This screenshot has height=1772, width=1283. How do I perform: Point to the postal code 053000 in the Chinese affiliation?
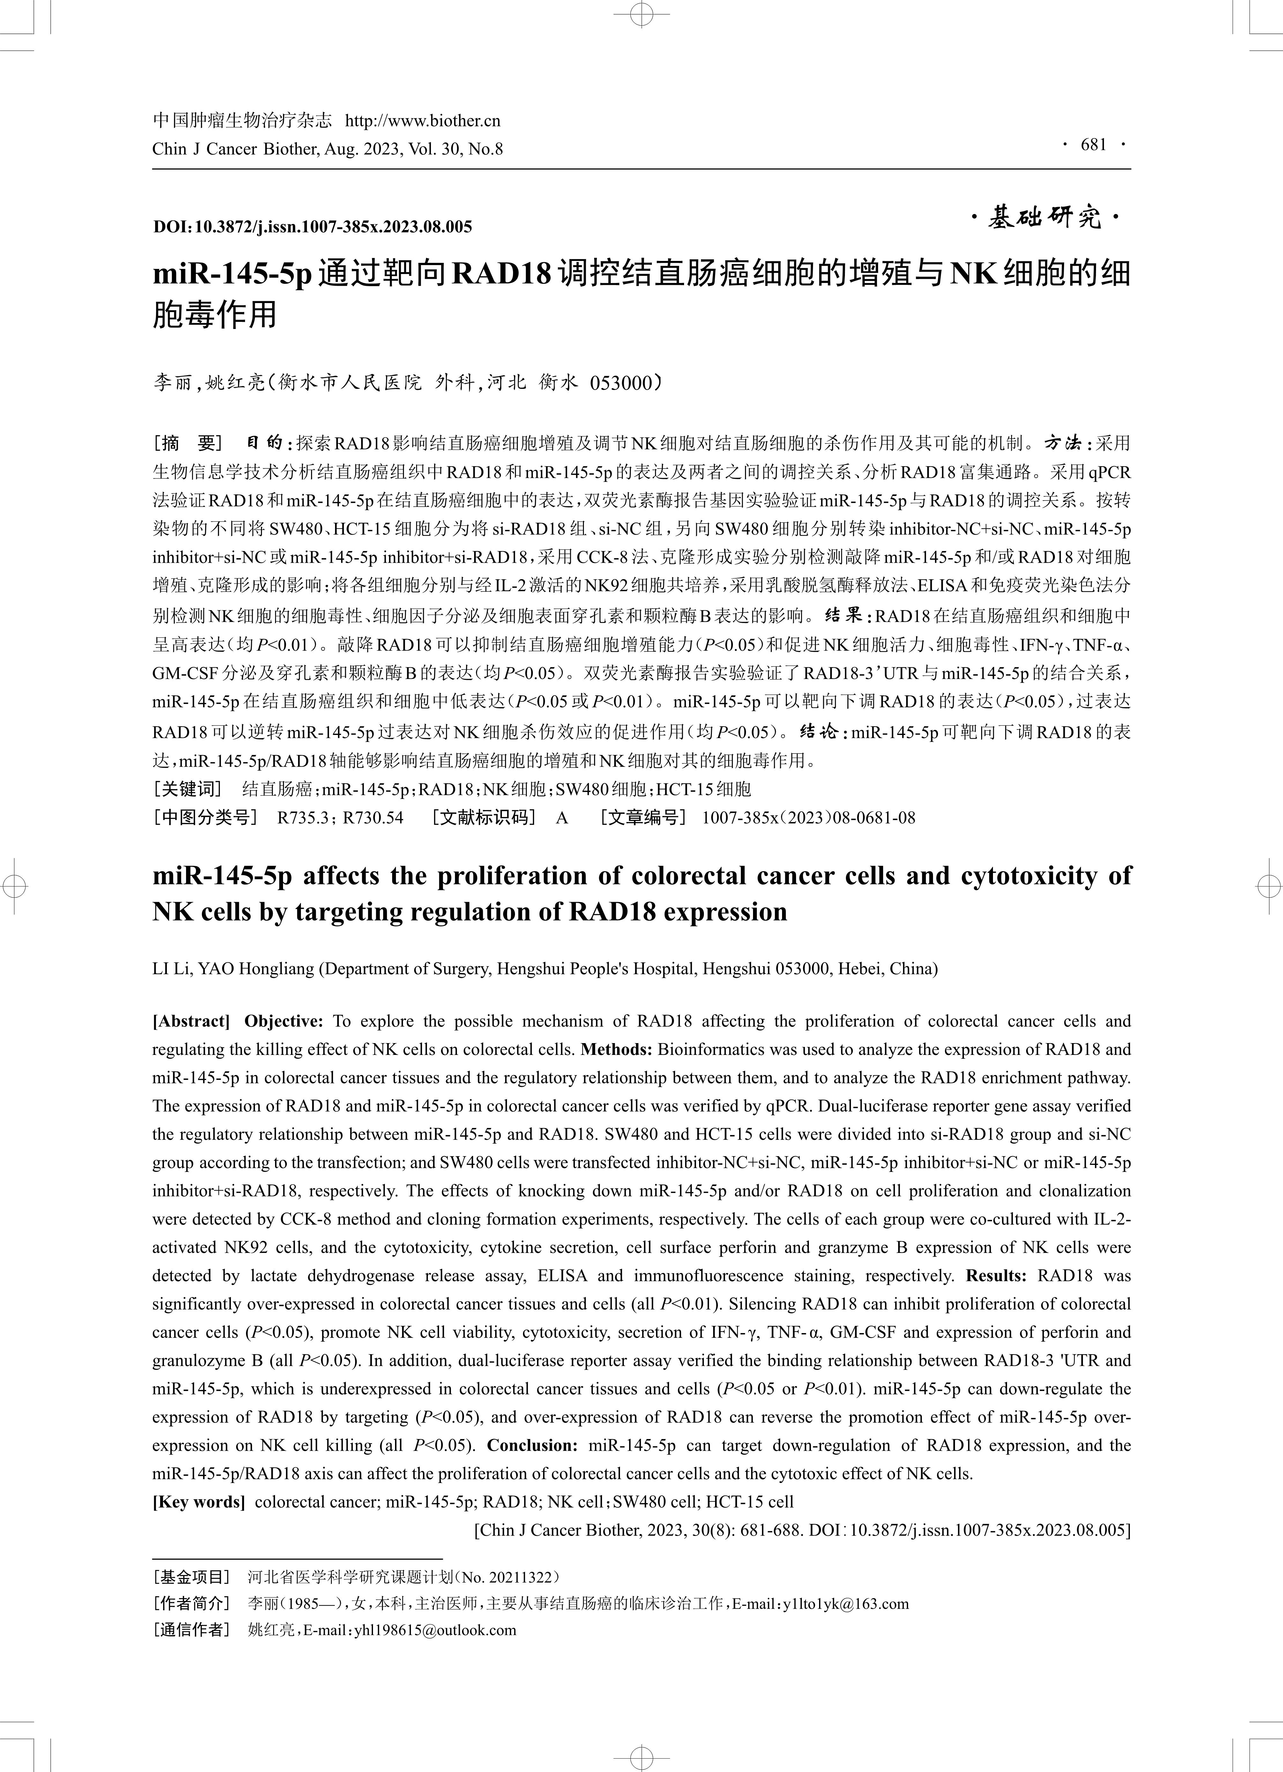point(622,383)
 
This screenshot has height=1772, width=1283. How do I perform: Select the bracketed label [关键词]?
point(188,789)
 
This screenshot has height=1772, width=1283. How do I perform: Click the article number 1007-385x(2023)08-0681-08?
point(809,818)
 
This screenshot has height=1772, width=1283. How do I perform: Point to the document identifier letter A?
point(562,818)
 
